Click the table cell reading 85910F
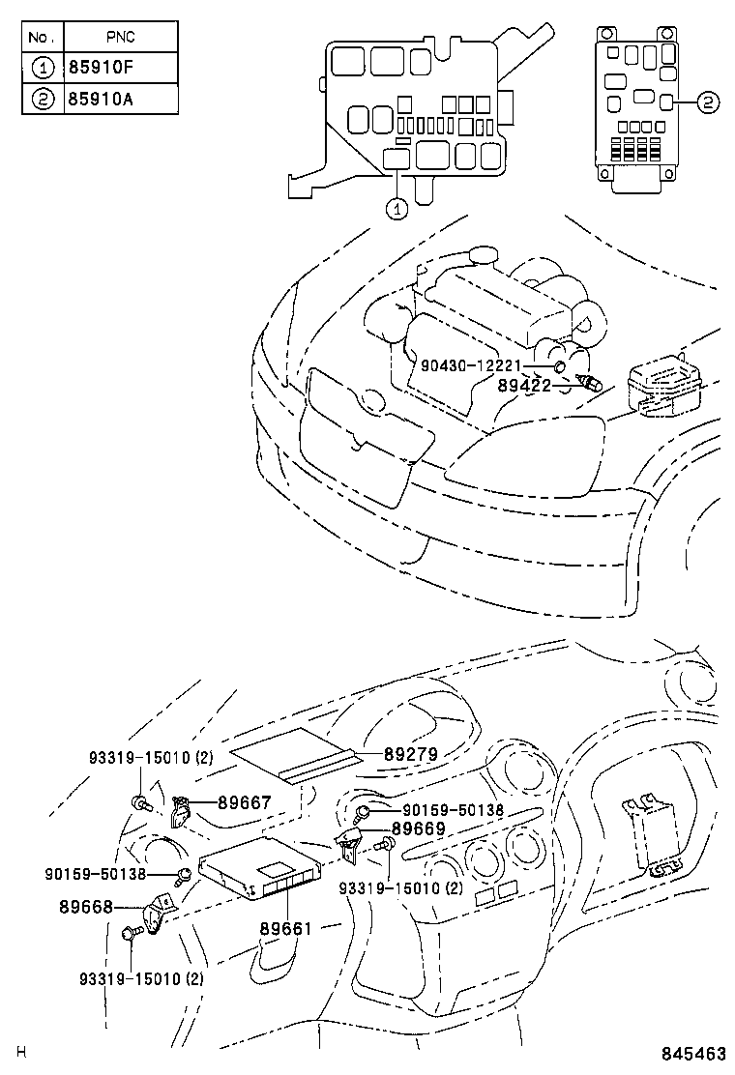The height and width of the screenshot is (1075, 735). pyautogui.click(x=121, y=68)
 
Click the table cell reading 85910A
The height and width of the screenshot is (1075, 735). pyautogui.click(x=121, y=99)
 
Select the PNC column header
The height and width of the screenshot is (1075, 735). pyautogui.click(x=121, y=38)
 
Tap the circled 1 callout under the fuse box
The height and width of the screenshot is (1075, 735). pyautogui.click(x=397, y=207)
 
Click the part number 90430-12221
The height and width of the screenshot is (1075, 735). pyautogui.click(x=471, y=365)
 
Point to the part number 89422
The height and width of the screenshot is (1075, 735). pyautogui.click(x=524, y=385)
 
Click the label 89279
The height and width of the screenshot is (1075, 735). pyautogui.click(x=411, y=754)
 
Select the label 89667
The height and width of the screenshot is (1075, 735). pyautogui.click(x=245, y=801)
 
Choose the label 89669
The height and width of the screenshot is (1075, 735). pyautogui.click(x=418, y=828)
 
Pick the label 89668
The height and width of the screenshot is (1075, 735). pyautogui.click(x=85, y=907)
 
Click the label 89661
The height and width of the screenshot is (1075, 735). pyautogui.click(x=285, y=929)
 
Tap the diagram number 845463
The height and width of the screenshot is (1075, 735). pyautogui.click(x=694, y=1054)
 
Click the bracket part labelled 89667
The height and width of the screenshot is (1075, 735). pyautogui.click(x=180, y=813)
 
